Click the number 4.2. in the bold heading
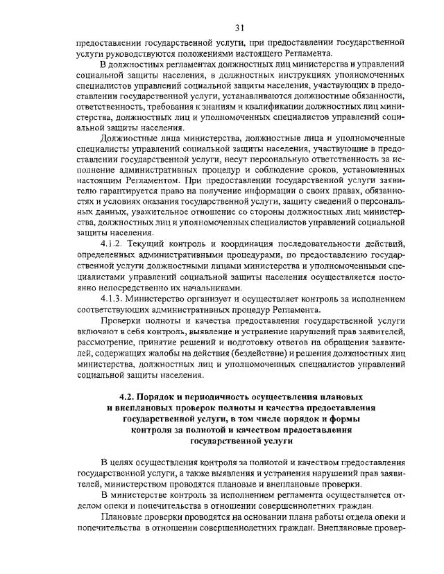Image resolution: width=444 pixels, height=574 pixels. (127, 396)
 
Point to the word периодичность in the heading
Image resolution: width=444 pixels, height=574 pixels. (223, 396)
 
